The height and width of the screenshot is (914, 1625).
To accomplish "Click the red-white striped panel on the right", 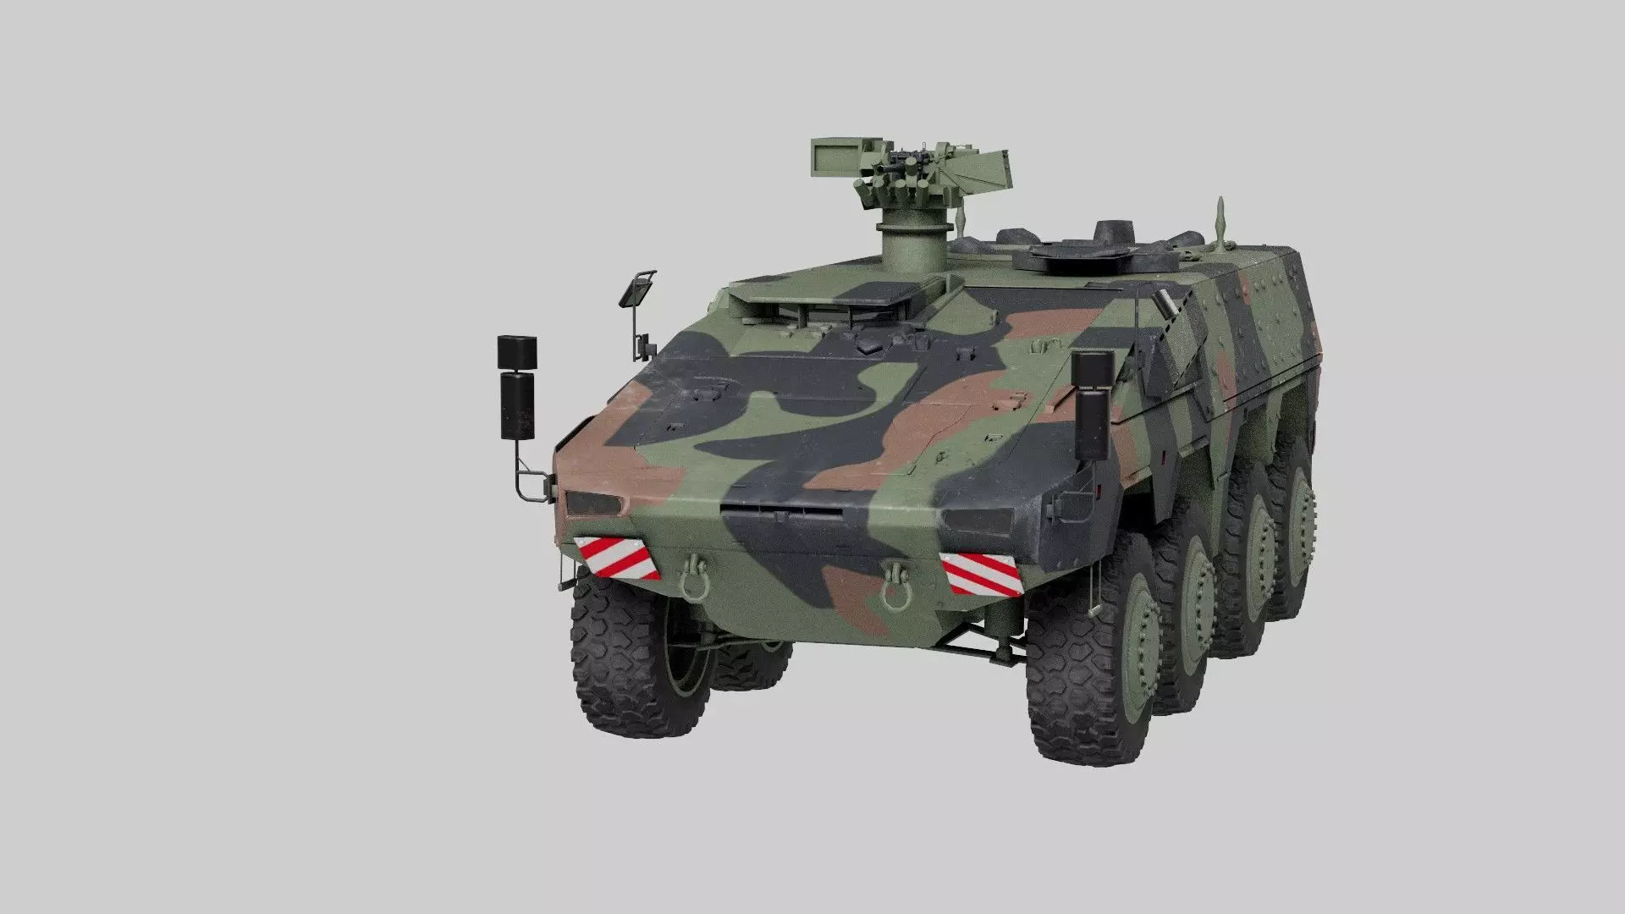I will point(983,573).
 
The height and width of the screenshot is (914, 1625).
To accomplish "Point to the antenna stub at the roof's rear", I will point(1220,221).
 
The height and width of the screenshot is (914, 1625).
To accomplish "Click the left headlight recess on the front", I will point(593,504).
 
